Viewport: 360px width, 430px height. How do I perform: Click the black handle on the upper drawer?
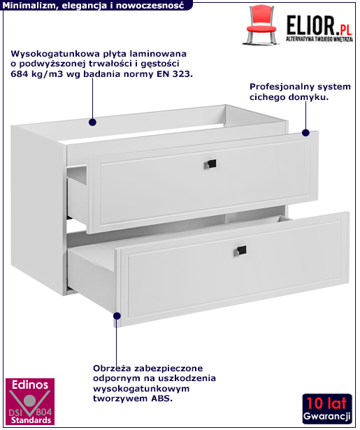click(211, 164)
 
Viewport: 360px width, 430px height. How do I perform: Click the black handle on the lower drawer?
click(240, 250)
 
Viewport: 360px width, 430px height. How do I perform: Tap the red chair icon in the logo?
click(261, 25)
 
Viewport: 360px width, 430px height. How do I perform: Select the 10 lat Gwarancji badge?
click(327, 409)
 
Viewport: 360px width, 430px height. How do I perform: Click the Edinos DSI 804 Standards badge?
click(30, 401)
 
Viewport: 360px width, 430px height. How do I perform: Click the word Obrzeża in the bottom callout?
click(110, 368)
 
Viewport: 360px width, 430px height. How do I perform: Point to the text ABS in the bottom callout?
click(161, 399)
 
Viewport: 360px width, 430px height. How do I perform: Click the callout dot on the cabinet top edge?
click(92, 122)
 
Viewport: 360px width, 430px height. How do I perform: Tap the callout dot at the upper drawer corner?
click(305, 133)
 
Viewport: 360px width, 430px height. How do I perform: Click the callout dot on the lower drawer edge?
click(117, 316)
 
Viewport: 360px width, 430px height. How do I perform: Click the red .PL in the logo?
click(344, 29)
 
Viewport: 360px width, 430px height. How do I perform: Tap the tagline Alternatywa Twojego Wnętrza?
click(319, 39)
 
